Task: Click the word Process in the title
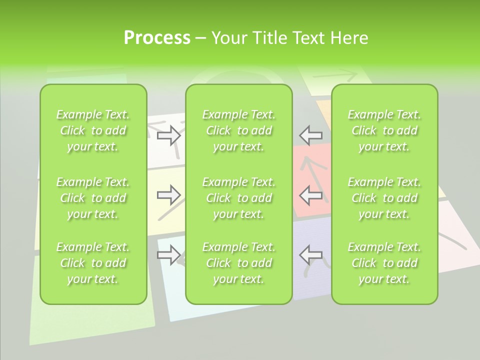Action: pyautogui.click(x=157, y=38)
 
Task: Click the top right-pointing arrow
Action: pyautogui.click(x=169, y=135)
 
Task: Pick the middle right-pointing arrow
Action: pyautogui.click(x=169, y=195)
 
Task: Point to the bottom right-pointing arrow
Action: pyautogui.click(x=169, y=255)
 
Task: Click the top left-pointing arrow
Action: pyautogui.click(x=310, y=135)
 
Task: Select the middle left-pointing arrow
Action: pyautogui.click(x=310, y=195)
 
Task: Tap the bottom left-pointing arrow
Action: pyautogui.click(x=310, y=255)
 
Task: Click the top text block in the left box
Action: pyautogui.click(x=93, y=130)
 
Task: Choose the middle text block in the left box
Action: pyautogui.click(x=93, y=198)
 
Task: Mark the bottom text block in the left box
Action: pyautogui.click(x=93, y=263)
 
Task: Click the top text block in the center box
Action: pyautogui.click(x=238, y=130)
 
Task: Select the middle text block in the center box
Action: pyautogui.click(x=238, y=198)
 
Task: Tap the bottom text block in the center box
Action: pyautogui.click(x=238, y=263)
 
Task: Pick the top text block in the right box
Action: pyautogui.click(x=384, y=130)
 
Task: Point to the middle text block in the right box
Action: pyautogui.click(x=384, y=198)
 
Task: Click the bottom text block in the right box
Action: pyautogui.click(x=384, y=263)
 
